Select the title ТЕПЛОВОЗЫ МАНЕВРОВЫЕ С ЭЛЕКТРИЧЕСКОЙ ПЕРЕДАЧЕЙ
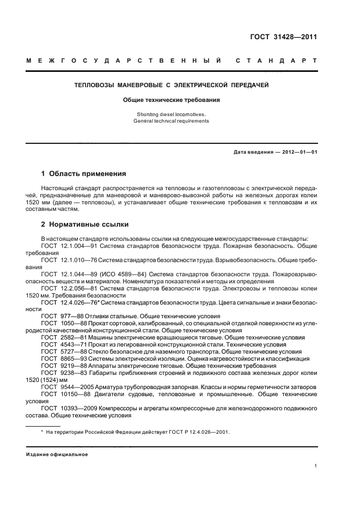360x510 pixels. pyautogui.click(x=172, y=85)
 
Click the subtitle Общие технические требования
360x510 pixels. pyautogui.click(x=172, y=100)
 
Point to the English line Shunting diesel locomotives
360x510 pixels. pyautogui.click(x=172, y=114)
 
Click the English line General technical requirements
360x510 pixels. pyautogui.click(x=172, y=121)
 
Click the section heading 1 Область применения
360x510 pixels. pyautogui.click(x=84, y=174)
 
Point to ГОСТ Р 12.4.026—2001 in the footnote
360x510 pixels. pyautogui.click(x=199, y=432)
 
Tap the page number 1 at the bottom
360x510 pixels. pyautogui.click(x=316, y=466)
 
